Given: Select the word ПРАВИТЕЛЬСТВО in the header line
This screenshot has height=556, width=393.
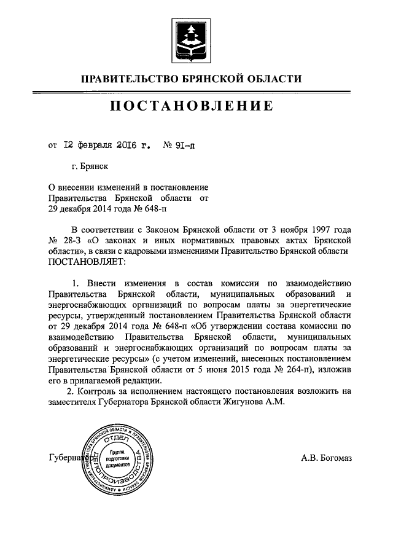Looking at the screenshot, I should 128,79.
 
